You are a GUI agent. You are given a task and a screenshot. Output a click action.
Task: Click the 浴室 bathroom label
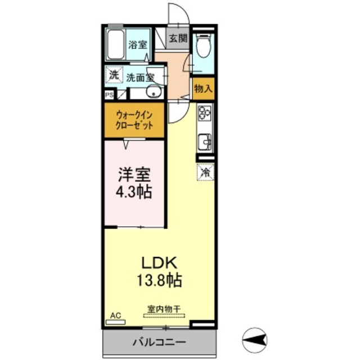tap(137, 45)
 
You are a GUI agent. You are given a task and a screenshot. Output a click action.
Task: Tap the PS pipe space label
tap(109, 95)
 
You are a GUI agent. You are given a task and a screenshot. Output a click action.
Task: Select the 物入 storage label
tap(202, 88)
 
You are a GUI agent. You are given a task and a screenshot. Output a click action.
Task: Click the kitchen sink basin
tap(204, 139)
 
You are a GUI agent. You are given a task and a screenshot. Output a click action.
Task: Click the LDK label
tap(159, 262)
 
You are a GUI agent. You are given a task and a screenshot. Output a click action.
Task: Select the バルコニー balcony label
tap(159, 341)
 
